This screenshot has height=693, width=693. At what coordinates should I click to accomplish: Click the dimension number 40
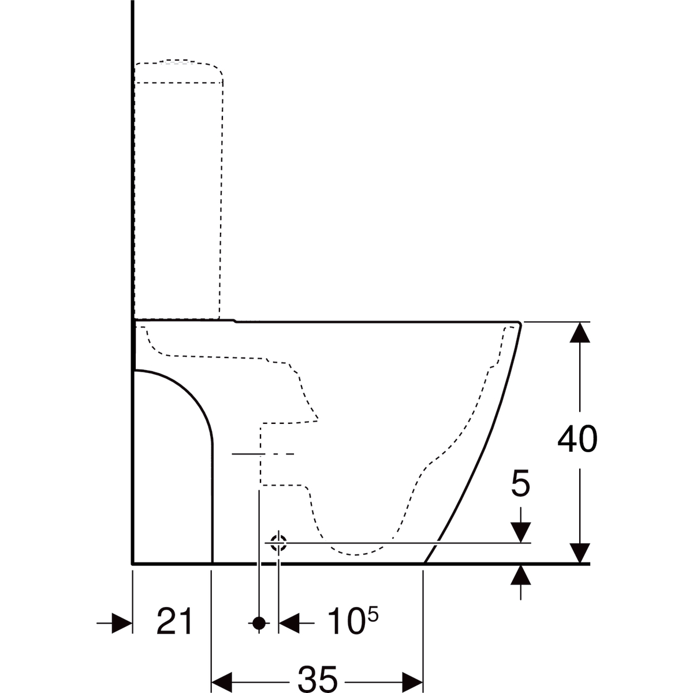click(x=577, y=439)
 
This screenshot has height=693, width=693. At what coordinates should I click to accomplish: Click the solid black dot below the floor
click(x=259, y=623)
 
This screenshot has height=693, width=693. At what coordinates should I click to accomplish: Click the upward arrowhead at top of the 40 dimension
click(x=580, y=332)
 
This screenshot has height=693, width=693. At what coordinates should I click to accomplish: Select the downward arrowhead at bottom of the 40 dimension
click(x=580, y=553)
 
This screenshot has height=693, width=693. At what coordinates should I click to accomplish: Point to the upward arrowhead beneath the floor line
click(x=521, y=575)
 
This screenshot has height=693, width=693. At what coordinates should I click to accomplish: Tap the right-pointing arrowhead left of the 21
click(x=122, y=623)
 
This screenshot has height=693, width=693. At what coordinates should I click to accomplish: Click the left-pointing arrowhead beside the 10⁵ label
click(x=289, y=623)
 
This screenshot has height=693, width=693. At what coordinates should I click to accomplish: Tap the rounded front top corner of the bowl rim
click(x=519, y=323)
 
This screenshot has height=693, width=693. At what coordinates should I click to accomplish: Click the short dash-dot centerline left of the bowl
click(x=263, y=454)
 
